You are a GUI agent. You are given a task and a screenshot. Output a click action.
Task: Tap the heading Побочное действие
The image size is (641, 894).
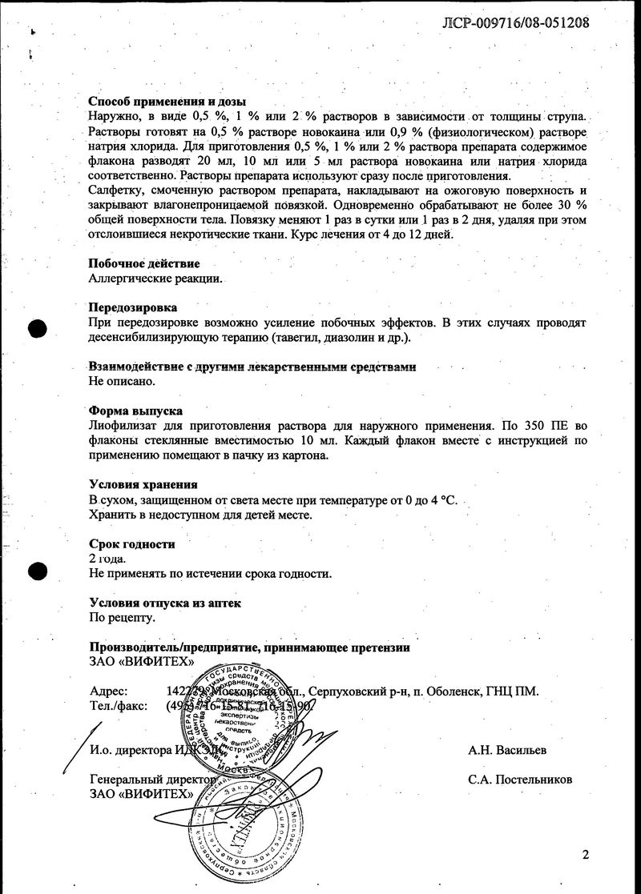(143, 263)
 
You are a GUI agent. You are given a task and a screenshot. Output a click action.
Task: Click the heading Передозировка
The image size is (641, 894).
(132, 307)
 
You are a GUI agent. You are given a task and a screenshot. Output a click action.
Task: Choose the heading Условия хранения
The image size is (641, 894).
(143, 485)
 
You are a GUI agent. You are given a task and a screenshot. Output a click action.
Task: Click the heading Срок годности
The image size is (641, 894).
(131, 543)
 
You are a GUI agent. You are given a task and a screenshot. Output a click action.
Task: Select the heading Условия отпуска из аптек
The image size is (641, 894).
(164, 603)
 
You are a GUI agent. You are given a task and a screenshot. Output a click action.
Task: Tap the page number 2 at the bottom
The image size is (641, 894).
(586, 855)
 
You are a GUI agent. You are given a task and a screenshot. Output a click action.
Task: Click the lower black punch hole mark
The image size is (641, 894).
(37, 572)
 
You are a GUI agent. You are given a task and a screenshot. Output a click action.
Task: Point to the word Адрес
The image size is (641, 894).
(108, 692)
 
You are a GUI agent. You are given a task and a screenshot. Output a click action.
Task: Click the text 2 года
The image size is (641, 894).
(107, 559)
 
